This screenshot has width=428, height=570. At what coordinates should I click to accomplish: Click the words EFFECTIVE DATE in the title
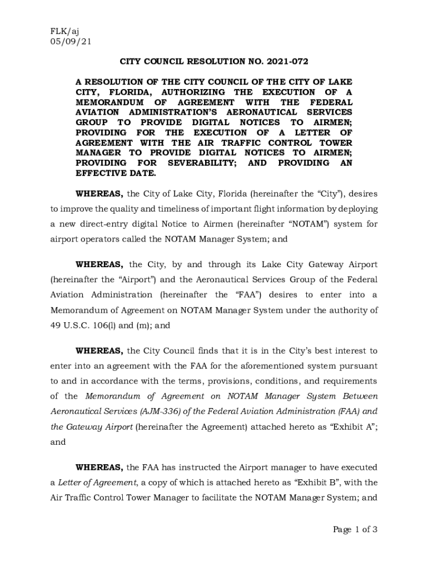coord(116,173)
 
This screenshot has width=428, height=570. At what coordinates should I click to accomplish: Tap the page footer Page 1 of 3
coord(355,529)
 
